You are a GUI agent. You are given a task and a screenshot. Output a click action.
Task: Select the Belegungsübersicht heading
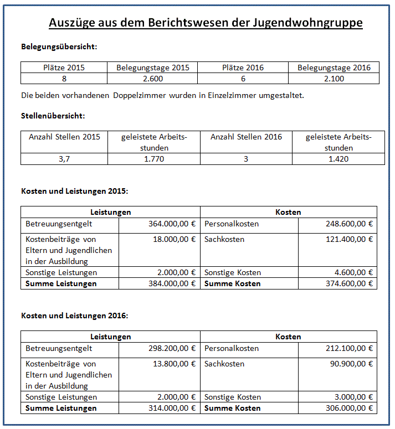point(59,46)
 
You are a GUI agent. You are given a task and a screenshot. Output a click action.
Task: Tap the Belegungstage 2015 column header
point(152,68)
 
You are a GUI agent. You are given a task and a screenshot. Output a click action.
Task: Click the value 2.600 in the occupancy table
point(152,79)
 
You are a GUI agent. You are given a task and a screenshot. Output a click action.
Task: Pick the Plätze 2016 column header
point(243,68)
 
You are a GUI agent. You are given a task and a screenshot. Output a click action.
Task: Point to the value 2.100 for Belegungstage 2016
point(334,79)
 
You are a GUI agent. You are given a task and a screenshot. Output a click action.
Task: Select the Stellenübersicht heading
point(53,116)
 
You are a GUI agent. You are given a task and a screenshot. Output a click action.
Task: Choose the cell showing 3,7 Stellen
point(64,159)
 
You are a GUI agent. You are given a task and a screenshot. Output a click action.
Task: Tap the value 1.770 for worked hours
point(153,159)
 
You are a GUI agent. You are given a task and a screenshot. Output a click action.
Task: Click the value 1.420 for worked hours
point(338,159)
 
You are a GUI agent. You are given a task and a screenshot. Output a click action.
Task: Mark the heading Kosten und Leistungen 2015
point(75,191)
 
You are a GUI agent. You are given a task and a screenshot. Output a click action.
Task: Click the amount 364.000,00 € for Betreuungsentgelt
point(172,224)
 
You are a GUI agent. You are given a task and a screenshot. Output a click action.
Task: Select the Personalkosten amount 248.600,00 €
point(349,224)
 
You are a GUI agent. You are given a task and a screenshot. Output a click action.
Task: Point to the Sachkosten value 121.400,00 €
point(349,239)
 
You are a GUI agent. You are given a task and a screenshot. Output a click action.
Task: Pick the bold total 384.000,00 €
point(172,283)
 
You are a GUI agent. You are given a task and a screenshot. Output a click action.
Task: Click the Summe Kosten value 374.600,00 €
point(349,283)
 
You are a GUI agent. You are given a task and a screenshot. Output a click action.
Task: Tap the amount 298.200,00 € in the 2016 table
point(172,349)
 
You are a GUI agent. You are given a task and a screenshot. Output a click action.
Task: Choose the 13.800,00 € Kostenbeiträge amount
point(175,364)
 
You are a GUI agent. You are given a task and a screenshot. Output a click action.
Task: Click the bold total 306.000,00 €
point(349,408)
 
